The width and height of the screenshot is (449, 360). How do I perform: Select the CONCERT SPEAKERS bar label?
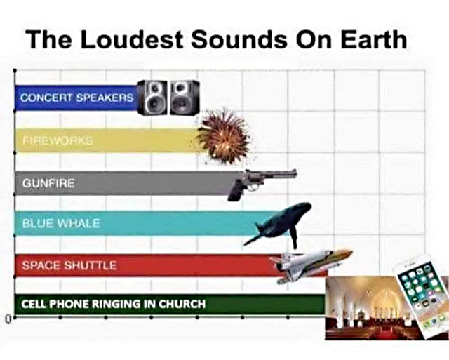click(x=76, y=98)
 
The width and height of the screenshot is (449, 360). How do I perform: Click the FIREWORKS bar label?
click(x=58, y=140)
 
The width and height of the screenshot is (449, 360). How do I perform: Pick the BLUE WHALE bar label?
click(x=61, y=224)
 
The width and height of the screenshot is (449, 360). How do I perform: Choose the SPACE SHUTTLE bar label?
click(x=69, y=265)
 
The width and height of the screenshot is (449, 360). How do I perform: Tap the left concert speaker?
click(x=152, y=98)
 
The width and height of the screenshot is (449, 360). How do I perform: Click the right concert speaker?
click(x=184, y=97)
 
